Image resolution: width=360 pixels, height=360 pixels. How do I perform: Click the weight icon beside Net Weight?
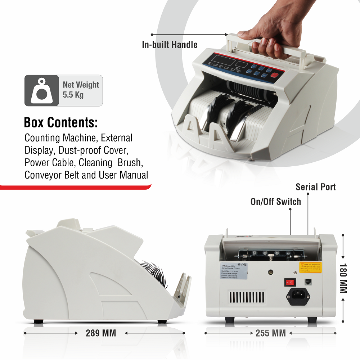point(42,90)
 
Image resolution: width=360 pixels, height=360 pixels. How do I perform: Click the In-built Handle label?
point(170,45)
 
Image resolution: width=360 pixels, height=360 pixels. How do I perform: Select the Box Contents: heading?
point(61,122)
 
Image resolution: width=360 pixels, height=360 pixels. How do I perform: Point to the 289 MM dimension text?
point(101,333)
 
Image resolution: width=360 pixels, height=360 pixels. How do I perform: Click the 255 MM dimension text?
point(271,333)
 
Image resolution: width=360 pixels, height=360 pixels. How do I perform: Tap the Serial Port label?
point(315,187)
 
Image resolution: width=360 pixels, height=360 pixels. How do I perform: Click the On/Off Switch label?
point(275,201)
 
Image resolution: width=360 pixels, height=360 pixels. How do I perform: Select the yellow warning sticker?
point(310,267)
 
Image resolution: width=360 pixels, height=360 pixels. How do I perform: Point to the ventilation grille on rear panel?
point(247,297)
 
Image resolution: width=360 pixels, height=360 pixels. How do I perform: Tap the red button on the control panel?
point(275,76)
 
